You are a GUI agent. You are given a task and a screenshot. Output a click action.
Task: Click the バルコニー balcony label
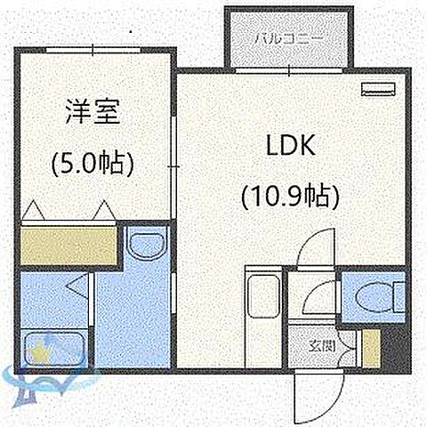[x=290, y=40]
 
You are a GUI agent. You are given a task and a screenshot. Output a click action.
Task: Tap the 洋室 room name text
[x=93, y=113]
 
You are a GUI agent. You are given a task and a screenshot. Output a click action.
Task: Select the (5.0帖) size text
[x=93, y=164]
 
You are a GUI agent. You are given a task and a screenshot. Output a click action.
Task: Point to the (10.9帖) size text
[x=290, y=195]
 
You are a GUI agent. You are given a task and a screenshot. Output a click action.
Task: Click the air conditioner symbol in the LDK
[x=378, y=88]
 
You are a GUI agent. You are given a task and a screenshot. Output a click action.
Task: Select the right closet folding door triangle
[x=103, y=211]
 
